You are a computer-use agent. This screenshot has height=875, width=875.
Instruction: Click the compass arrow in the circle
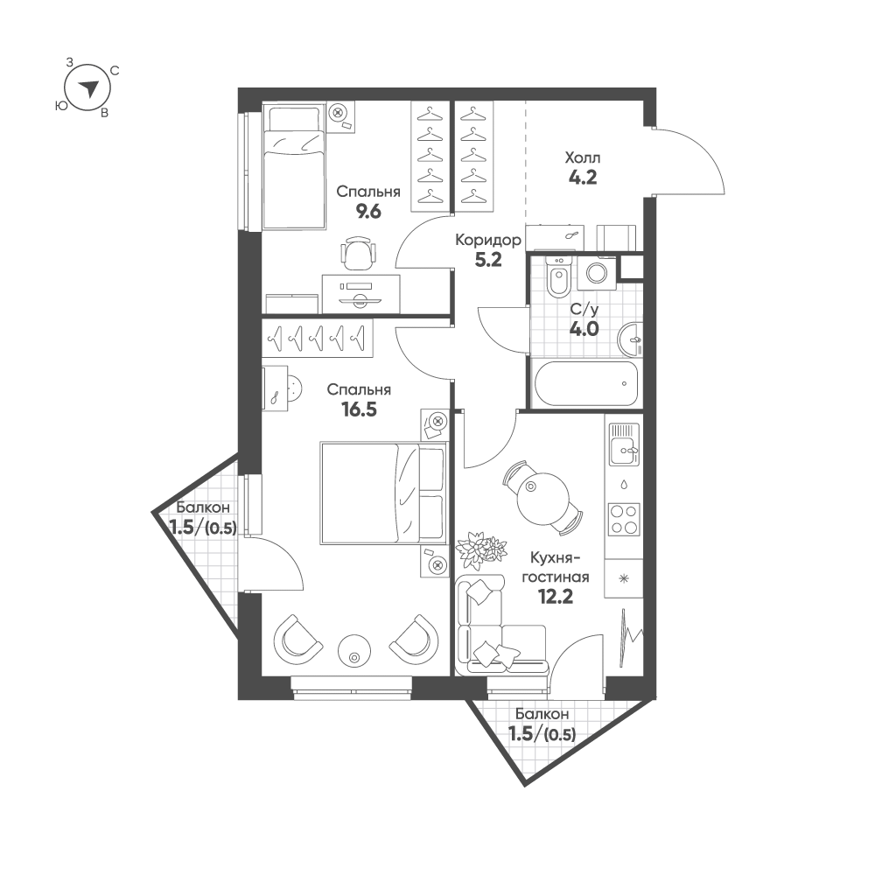tap(88, 88)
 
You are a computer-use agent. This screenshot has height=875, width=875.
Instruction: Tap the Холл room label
tap(583, 158)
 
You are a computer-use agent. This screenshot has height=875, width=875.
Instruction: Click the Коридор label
tap(489, 240)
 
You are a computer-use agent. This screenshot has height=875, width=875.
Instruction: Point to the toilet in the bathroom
tap(556, 277)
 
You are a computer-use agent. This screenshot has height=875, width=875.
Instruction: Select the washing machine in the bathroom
tap(598, 271)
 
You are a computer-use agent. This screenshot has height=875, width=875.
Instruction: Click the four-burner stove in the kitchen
tap(623, 519)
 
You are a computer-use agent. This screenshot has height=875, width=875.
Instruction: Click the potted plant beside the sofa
tap(481, 549)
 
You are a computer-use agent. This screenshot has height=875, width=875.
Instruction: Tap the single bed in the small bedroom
tap(294, 166)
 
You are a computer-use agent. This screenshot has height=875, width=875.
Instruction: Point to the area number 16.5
tap(358, 409)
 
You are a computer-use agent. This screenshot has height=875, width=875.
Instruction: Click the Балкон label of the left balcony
tap(202, 507)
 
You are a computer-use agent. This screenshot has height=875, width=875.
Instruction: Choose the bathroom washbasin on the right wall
tap(630, 339)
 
